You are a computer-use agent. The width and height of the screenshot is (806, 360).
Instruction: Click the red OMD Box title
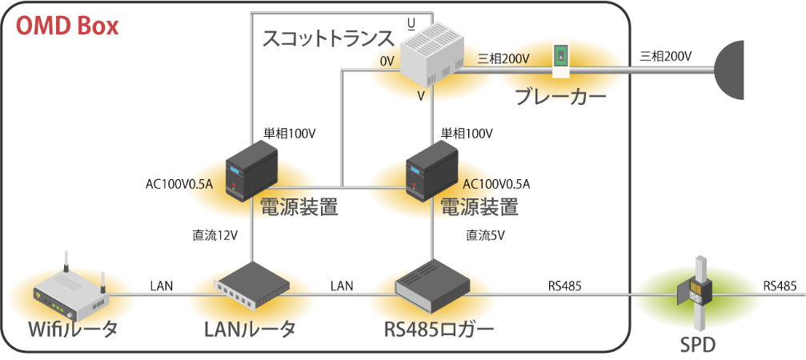(67, 26)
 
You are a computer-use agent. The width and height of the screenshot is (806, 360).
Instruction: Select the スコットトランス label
(328, 38)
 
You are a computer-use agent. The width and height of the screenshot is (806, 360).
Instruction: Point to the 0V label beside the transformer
(387, 61)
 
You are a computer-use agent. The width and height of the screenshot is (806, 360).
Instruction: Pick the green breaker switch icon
(561, 56)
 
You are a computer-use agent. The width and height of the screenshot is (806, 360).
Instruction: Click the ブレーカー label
(560, 95)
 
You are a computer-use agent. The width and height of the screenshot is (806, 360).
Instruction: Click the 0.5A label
(199, 183)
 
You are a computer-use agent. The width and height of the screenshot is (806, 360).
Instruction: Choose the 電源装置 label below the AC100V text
(478, 208)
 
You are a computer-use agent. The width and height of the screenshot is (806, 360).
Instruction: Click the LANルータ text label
(251, 330)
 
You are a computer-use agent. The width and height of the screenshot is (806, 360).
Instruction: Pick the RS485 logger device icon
(431, 286)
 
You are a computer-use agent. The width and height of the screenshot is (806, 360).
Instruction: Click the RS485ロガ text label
(430, 330)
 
